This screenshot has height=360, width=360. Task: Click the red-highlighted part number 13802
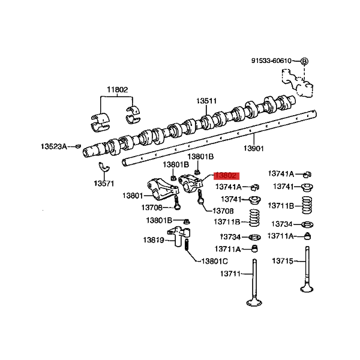226,176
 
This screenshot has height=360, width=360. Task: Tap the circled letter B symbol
304,61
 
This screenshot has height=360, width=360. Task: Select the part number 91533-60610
271,61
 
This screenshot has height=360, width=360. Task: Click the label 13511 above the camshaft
206,101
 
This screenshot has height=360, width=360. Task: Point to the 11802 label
118,89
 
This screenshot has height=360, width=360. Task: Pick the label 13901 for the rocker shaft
254,148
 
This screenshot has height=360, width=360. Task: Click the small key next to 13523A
79,146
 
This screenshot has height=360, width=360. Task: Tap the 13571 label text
104,184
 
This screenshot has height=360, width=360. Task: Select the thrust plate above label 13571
104,167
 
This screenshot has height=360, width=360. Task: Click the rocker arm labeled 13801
163,190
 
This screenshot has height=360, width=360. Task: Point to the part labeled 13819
179,236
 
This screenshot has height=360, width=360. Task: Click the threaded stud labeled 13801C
187,245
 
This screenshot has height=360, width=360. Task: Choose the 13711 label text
230,274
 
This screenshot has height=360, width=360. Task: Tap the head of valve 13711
254,302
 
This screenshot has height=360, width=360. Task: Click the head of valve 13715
307,289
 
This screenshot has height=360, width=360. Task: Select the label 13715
283,261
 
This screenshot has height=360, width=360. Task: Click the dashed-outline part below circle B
297,83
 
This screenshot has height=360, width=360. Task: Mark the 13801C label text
215,261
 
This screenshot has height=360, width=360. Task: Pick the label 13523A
54,146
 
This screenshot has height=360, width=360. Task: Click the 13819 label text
154,240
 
